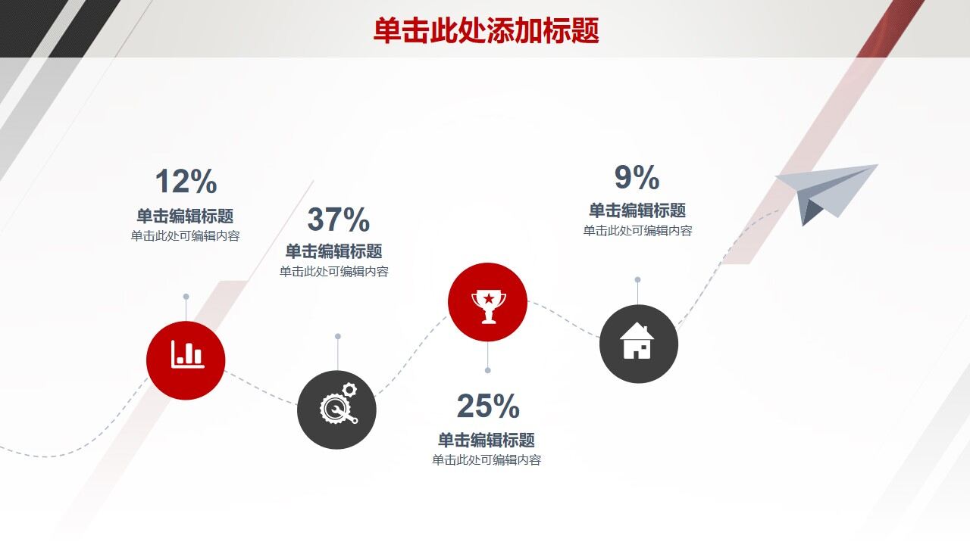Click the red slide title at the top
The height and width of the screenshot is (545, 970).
(486, 30)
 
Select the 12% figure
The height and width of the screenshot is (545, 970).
(186, 182)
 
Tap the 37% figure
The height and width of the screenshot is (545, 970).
(338, 220)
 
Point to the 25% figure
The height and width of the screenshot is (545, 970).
(488, 406)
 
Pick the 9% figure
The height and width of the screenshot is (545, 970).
(637, 178)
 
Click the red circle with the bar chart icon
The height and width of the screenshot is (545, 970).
(186, 360)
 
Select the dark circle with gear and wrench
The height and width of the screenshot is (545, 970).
(336, 410)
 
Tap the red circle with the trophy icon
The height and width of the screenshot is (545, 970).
(487, 302)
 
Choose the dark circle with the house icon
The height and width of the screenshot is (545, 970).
(638, 344)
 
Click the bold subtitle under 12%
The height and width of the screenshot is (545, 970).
(185, 216)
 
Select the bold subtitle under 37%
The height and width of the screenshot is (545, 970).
(333, 251)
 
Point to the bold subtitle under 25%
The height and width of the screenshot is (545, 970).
(487, 441)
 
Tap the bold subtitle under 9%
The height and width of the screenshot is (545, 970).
(637, 210)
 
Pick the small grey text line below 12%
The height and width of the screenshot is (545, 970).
(185, 236)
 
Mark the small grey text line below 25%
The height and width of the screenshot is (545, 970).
(487, 460)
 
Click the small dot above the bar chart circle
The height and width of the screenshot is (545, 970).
(186, 297)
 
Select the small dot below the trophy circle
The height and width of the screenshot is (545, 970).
(487, 370)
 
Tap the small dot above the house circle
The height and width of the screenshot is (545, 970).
(637, 279)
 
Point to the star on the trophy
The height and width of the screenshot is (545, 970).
(488, 298)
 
